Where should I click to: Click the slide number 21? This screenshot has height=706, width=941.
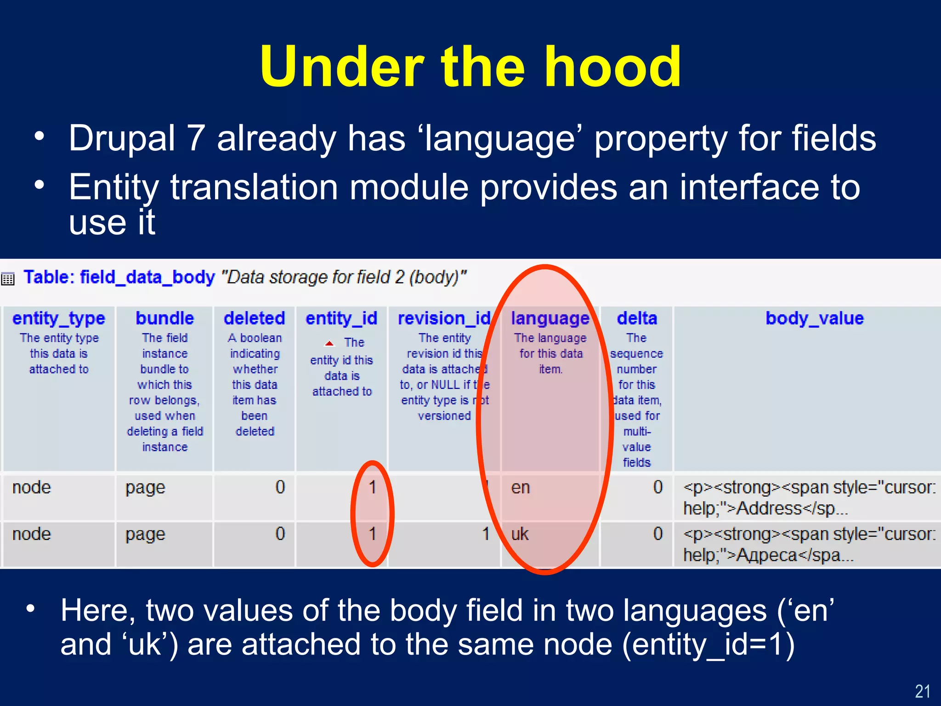[x=922, y=691]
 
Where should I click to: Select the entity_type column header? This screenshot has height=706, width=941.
[x=59, y=318]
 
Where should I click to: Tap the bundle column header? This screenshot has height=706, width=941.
[x=164, y=318]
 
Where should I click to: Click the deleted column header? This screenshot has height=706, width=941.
[x=254, y=318]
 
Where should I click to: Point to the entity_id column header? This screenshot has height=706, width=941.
[x=341, y=318]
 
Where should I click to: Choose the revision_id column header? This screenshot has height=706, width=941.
[x=444, y=318]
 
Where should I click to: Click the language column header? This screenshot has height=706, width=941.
[x=550, y=318]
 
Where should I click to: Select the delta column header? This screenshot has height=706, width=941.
[x=637, y=318]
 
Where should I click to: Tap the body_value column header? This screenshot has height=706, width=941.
[x=814, y=318]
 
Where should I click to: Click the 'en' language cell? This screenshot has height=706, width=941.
[x=521, y=488]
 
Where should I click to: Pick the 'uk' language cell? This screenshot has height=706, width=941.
[x=520, y=534]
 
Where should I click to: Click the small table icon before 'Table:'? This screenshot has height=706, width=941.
[x=8, y=279]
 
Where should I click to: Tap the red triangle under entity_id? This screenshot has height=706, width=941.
[x=329, y=343]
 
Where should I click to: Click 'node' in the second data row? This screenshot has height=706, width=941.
[x=31, y=534]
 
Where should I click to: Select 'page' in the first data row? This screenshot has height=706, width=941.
[x=145, y=488]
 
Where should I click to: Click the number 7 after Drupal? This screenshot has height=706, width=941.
[x=196, y=138]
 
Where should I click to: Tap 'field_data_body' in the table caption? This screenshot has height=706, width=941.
[x=147, y=277]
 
